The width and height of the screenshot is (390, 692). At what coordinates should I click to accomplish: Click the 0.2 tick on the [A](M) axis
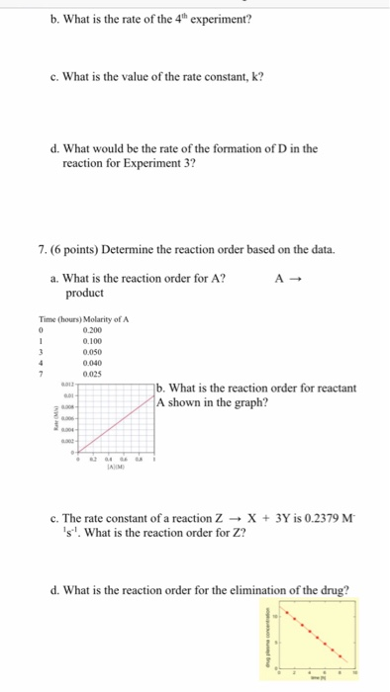tap(93, 474)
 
